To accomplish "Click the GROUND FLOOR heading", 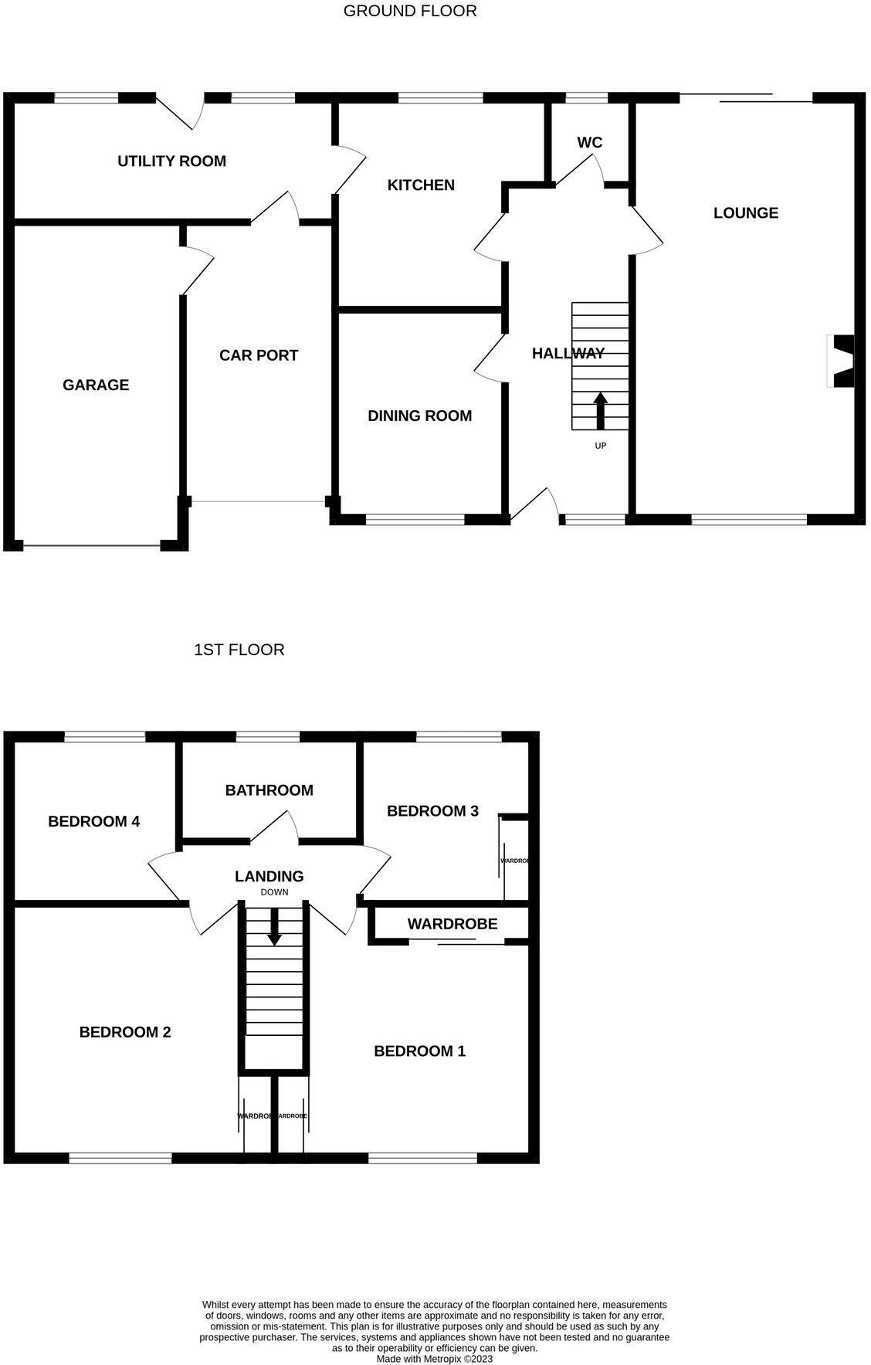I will pos(410,11).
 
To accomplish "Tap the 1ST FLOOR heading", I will pos(239,650).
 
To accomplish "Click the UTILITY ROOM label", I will pos(171,161).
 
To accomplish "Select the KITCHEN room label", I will pos(421,185).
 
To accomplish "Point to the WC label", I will pos(590,143).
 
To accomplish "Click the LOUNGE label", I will pos(745,213).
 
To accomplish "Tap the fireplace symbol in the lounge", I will pos(842,361).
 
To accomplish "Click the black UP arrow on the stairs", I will pos(600,410).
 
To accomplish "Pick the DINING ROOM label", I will pos(419,416).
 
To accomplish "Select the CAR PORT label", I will pos(259,355).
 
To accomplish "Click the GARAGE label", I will pos(96,385).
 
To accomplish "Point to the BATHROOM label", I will pos(269,790).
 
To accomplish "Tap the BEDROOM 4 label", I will pos(93,822).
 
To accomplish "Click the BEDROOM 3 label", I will pos(432,811).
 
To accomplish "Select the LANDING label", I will pos(269,877).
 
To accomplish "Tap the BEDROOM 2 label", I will pos(124,1032).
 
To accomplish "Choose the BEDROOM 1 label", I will pos(419,1051).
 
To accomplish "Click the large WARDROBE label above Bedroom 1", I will pos(452,924).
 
